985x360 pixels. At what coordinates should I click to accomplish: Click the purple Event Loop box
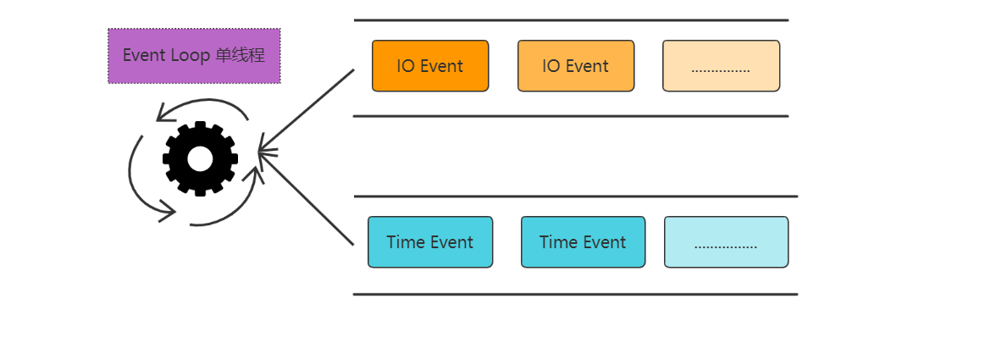pyautogui.click(x=194, y=56)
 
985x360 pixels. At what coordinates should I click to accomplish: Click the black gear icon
pyautogui.click(x=200, y=158)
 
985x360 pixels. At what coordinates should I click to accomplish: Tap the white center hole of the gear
pyautogui.click(x=200, y=158)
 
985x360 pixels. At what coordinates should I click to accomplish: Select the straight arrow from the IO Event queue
pyautogui.click(x=307, y=110)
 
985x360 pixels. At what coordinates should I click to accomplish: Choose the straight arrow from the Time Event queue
pyautogui.click(x=307, y=201)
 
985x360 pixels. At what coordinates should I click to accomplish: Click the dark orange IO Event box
pyautogui.click(x=430, y=66)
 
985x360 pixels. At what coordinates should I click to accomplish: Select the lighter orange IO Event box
pyautogui.click(x=576, y=66)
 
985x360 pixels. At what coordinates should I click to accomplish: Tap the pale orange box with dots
pyautogui.click(x=721, y=66)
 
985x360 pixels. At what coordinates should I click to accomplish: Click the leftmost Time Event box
pyautogui.click(x=430, y=242)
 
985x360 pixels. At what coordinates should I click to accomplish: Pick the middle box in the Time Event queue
pyautogui.click(x=583, y=242)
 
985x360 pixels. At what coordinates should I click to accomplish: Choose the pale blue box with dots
pyautogui.click(x=726, y=242)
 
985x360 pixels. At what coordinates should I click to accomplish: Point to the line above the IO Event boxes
pyautogui.click(x=571, y=19)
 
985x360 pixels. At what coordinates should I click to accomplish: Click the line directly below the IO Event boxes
pyautogui.click(x=571, y=116)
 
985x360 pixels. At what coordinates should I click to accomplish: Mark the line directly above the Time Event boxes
pyautogui.click(x=576, y=197)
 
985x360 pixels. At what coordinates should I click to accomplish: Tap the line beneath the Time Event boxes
pyautogui.click(x=576, y=295)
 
